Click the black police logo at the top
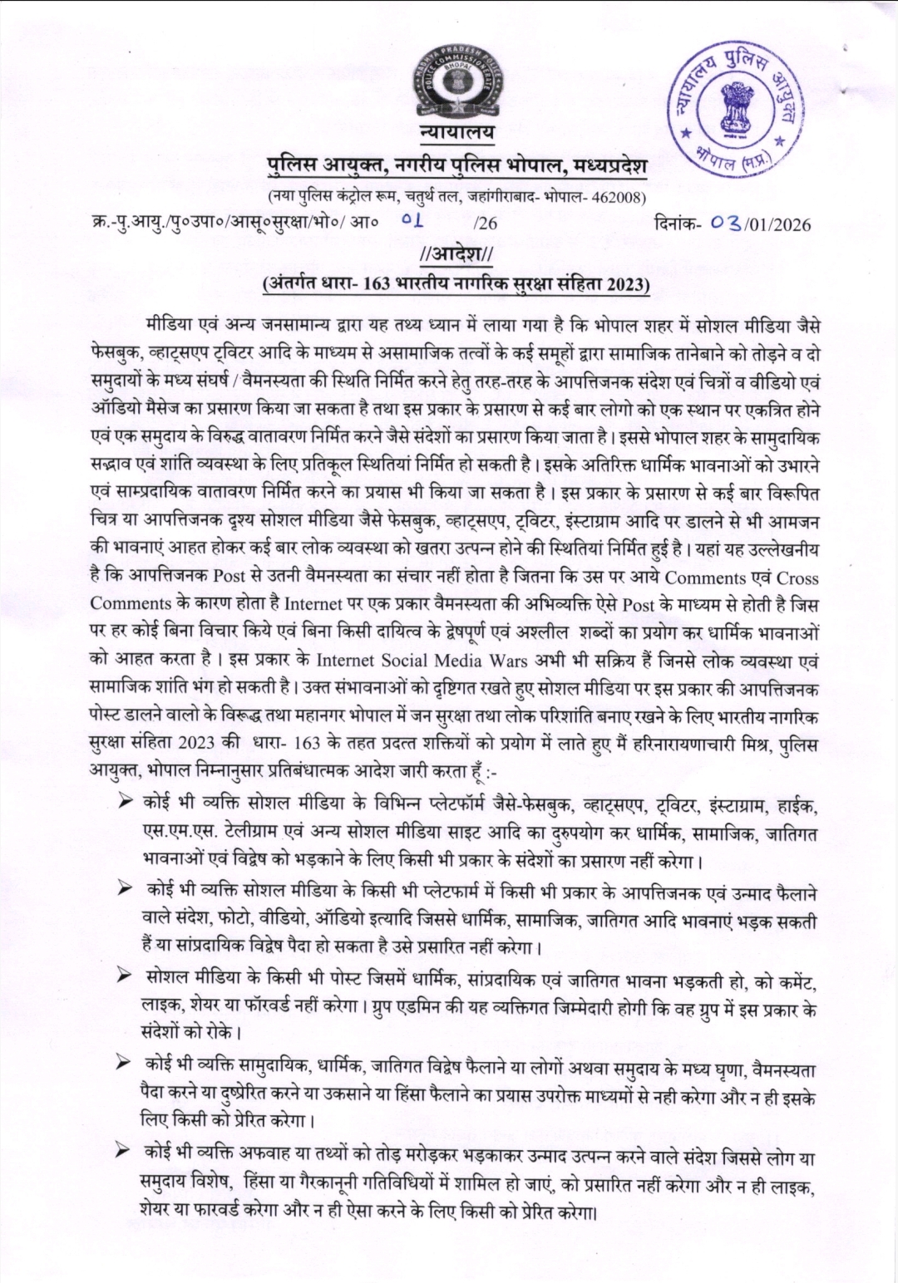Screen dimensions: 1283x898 (456, 87)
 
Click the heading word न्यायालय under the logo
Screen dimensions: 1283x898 (456, 134)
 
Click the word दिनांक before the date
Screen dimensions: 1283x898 (682, 224)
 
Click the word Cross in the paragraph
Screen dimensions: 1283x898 (797, 578)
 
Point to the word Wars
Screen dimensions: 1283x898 (517, 661)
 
